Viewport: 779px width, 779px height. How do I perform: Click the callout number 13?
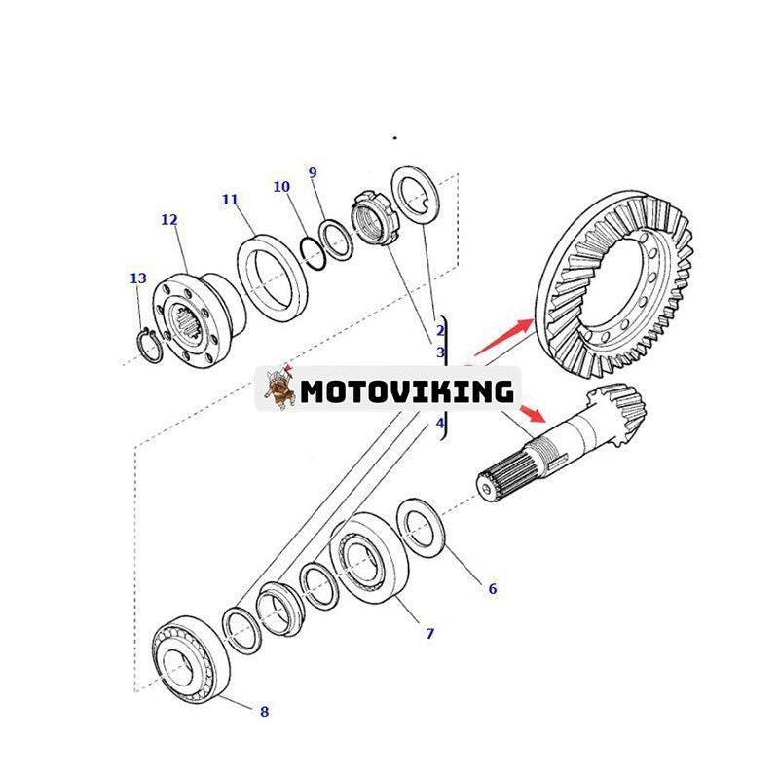138,278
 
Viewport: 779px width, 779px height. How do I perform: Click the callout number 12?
169,220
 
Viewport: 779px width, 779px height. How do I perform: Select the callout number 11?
230,200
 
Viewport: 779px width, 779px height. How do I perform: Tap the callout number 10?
281,186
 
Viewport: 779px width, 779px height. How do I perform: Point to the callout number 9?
313,172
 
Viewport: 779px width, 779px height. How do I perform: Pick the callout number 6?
492,588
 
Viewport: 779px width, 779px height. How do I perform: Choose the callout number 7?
429,634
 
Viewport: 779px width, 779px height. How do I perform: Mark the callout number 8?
264,712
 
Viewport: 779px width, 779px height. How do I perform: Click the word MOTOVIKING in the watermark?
407,391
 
